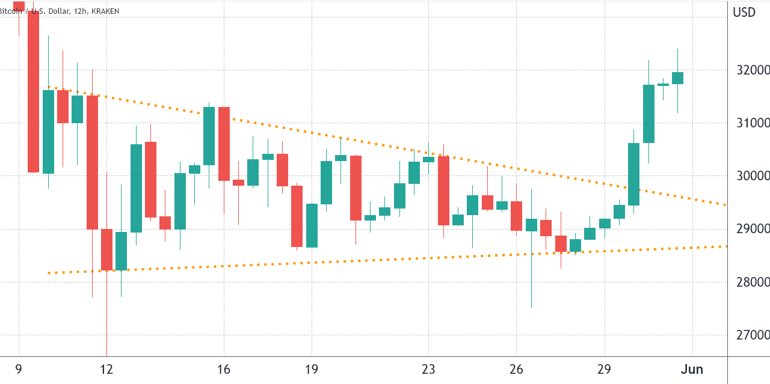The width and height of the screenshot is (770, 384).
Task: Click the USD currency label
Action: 744,11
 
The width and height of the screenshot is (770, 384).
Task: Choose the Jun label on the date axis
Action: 692,370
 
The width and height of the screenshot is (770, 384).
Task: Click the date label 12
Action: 106,370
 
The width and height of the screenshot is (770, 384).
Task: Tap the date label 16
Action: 224,370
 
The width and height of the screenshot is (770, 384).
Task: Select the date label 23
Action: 428,370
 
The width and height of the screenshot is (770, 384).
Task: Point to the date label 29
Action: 605,370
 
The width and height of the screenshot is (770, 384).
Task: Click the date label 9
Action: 19,370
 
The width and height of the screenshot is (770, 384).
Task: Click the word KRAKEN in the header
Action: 102,11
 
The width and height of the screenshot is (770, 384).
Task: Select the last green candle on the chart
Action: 677,78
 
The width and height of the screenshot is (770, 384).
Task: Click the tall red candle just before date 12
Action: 92,162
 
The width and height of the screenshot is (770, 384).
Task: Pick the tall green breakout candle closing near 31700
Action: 648,114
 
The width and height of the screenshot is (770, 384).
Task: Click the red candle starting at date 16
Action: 224,144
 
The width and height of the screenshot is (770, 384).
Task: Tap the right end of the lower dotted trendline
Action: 725,246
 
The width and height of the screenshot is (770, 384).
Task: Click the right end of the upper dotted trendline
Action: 725,205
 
